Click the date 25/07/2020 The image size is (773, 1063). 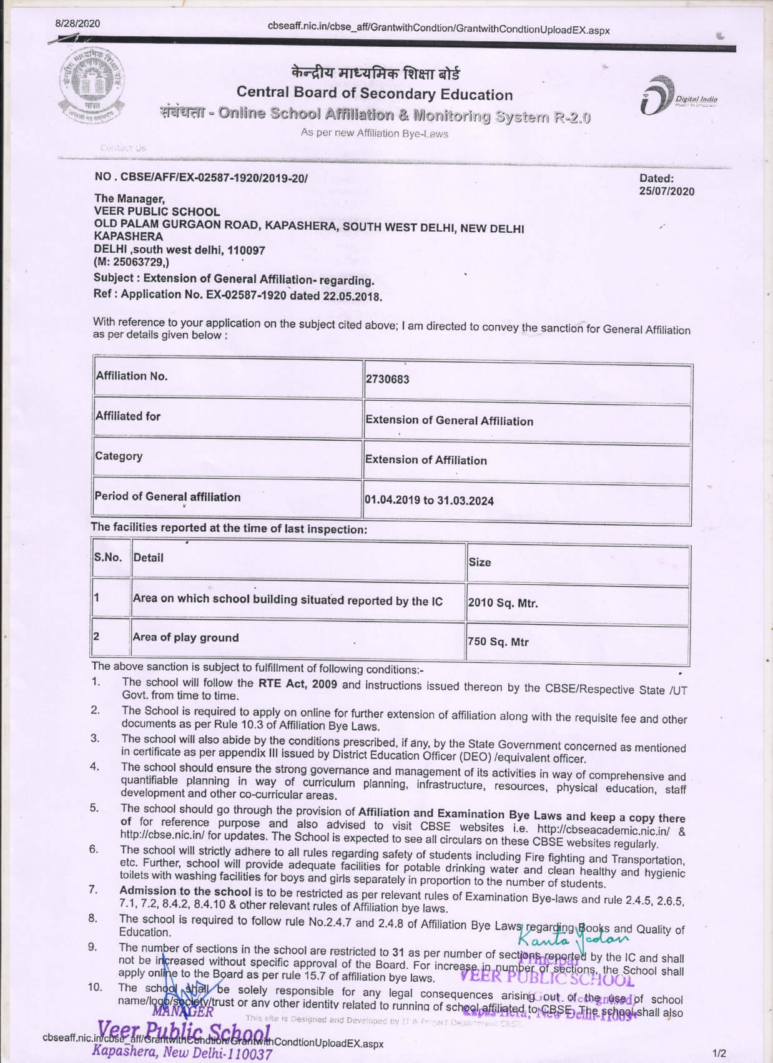click(x=666, y=192)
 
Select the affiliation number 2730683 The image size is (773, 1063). click(x=388, y=379)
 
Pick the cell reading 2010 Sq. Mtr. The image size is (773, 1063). click(x=503, y=603)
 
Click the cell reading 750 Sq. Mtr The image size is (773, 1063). click(x=498, y=641)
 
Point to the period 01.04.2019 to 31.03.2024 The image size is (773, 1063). click(x=430, y=500)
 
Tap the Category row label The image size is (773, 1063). click(x=119, y=456)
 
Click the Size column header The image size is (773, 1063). click(x=480, y=562)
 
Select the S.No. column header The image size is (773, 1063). click(x=108, y=557)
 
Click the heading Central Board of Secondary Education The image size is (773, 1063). click(x=375, y=94)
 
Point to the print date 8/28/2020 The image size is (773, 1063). click(x=77, y=24)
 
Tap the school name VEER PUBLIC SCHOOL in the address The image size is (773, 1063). click(x=157, y=212)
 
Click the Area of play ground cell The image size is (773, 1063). click(x=185, y=637)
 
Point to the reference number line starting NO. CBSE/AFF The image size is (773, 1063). click(x=201, y=178)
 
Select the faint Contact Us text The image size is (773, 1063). click(x=123, y=148)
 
